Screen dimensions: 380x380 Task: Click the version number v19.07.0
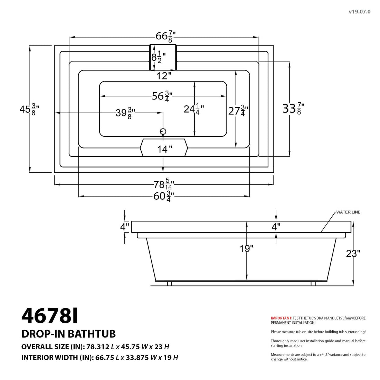(x=359, y=12)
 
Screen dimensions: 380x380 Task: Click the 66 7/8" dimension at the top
(x=166, y=36)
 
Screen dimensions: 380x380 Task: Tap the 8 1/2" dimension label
(x=159, y=57)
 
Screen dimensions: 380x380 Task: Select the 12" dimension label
(x=162, y=76)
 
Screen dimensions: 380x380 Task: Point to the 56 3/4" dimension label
(x=162, y=96)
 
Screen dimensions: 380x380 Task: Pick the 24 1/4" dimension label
(x=194, y=110)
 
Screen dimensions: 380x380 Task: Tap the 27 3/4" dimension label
(x=238, y=111)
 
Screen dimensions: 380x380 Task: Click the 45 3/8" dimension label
(x=29, y=109)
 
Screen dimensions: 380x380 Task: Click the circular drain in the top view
(x=163, y=131)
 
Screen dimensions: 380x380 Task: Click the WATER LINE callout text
(x=348, y=212)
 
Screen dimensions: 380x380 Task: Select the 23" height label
(x=353, y=254)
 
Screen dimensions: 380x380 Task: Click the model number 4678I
(x=50, y=315)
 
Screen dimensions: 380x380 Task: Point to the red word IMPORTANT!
(x=282, y=318)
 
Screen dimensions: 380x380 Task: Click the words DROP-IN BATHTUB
(x=68, y=334)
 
